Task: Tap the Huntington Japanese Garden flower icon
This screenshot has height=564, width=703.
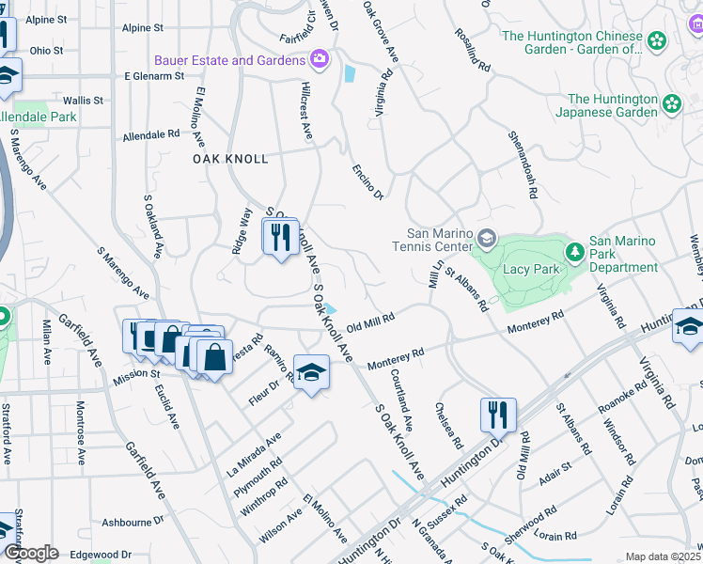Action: pyautogui.click(x=672, y=102)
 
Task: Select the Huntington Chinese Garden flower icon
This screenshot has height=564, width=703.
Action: pyautogui.click(x=656, y=40)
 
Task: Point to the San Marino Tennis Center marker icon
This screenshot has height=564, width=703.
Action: pyautogui.click(x=486, y=236)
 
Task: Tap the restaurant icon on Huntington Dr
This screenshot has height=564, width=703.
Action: pyautogui.click(x=498, y=414)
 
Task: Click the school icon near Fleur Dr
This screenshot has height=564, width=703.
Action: pyautogui.click(x=311, y=373)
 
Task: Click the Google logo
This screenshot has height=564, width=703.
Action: pyautogui.click(x=31, y=552)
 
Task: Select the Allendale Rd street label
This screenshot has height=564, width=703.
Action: pyautogui.click(x=151, y=134)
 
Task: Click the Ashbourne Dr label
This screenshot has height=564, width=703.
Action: pyautogui.click(x=133, y=522)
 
